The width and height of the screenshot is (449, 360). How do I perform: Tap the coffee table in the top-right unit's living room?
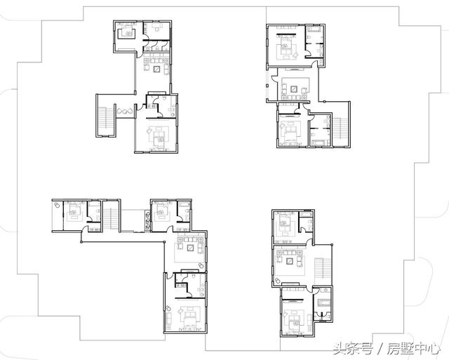(295, 89)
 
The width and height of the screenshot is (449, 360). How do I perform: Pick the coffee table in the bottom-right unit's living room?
(290, 261)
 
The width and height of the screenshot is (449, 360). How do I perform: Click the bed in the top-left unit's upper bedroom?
(128, 30)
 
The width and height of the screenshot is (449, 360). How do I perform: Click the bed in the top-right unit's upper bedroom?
(287, 48)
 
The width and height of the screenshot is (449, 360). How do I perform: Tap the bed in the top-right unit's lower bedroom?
(288, 131)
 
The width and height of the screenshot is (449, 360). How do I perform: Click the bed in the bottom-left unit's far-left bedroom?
(73, 211)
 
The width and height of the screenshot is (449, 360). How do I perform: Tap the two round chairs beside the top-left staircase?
(126, 111)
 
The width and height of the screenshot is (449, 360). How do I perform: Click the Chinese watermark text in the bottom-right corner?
(385, 347)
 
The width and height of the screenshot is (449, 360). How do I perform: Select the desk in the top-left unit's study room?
(160, 27)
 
